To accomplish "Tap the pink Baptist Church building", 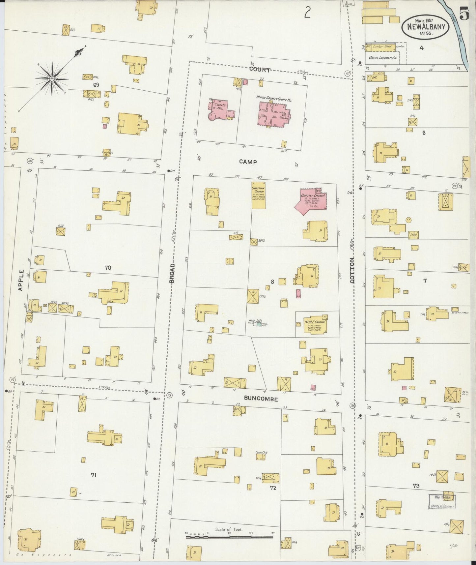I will pyautogui.click(x=311, y=201).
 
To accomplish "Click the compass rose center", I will pyautogui.click(x=52, y=79).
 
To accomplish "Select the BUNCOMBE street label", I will pyautogui.click(x=261, y=399).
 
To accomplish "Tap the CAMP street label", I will pyautogui.click(x=248, y=162).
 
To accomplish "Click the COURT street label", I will pyautogui.click(x=260, y=70).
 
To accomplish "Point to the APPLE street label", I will pyautogui.click(x=21, y=280).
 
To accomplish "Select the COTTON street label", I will pyautogui.click(x=353, y=270).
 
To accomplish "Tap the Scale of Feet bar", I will pyautogui.click(x=229, y=537).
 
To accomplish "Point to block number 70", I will pyautogui.click(x=108, y=268).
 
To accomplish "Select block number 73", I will pyautogui.click(x=416, y=486).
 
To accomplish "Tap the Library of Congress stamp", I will pyautogui.click(x=442, y=501).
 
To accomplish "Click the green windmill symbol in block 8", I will pyautogui.click(x=259, y=324).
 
